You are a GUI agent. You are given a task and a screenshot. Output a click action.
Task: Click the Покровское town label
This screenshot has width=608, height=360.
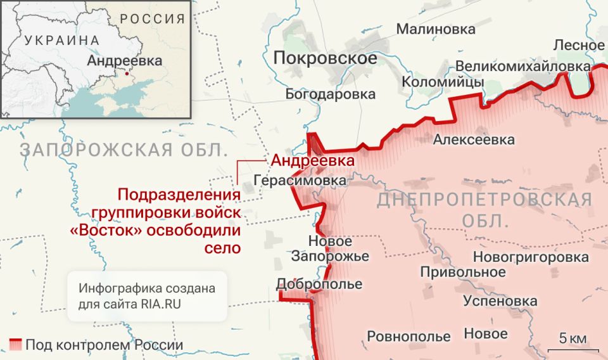click(325, 59)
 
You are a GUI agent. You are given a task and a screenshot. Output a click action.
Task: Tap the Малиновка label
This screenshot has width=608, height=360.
click(436, 29)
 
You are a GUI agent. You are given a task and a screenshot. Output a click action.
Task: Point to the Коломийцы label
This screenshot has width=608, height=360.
click(443, 82)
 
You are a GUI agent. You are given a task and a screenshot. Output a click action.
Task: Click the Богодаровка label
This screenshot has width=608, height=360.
click(331, 94)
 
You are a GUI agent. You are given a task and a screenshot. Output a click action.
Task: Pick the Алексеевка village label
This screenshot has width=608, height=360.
click(474, 140)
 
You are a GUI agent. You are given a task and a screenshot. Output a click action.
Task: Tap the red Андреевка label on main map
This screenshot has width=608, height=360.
click(312, 161)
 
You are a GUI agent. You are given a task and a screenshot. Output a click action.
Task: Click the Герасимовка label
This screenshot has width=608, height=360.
click(300, 181)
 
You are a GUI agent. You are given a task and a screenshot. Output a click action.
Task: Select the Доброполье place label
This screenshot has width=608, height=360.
click(319, 283)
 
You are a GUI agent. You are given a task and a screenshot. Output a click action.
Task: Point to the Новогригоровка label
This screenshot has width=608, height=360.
click(531, 257)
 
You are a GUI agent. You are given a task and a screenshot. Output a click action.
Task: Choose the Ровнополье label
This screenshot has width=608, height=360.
click(408, 336)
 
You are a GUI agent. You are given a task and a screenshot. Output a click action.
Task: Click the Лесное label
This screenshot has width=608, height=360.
click(579, 45)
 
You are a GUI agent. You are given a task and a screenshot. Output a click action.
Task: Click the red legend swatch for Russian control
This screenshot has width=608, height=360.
click(13, 345)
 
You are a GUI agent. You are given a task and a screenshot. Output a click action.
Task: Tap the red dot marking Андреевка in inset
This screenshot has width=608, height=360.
click(127, 74)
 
